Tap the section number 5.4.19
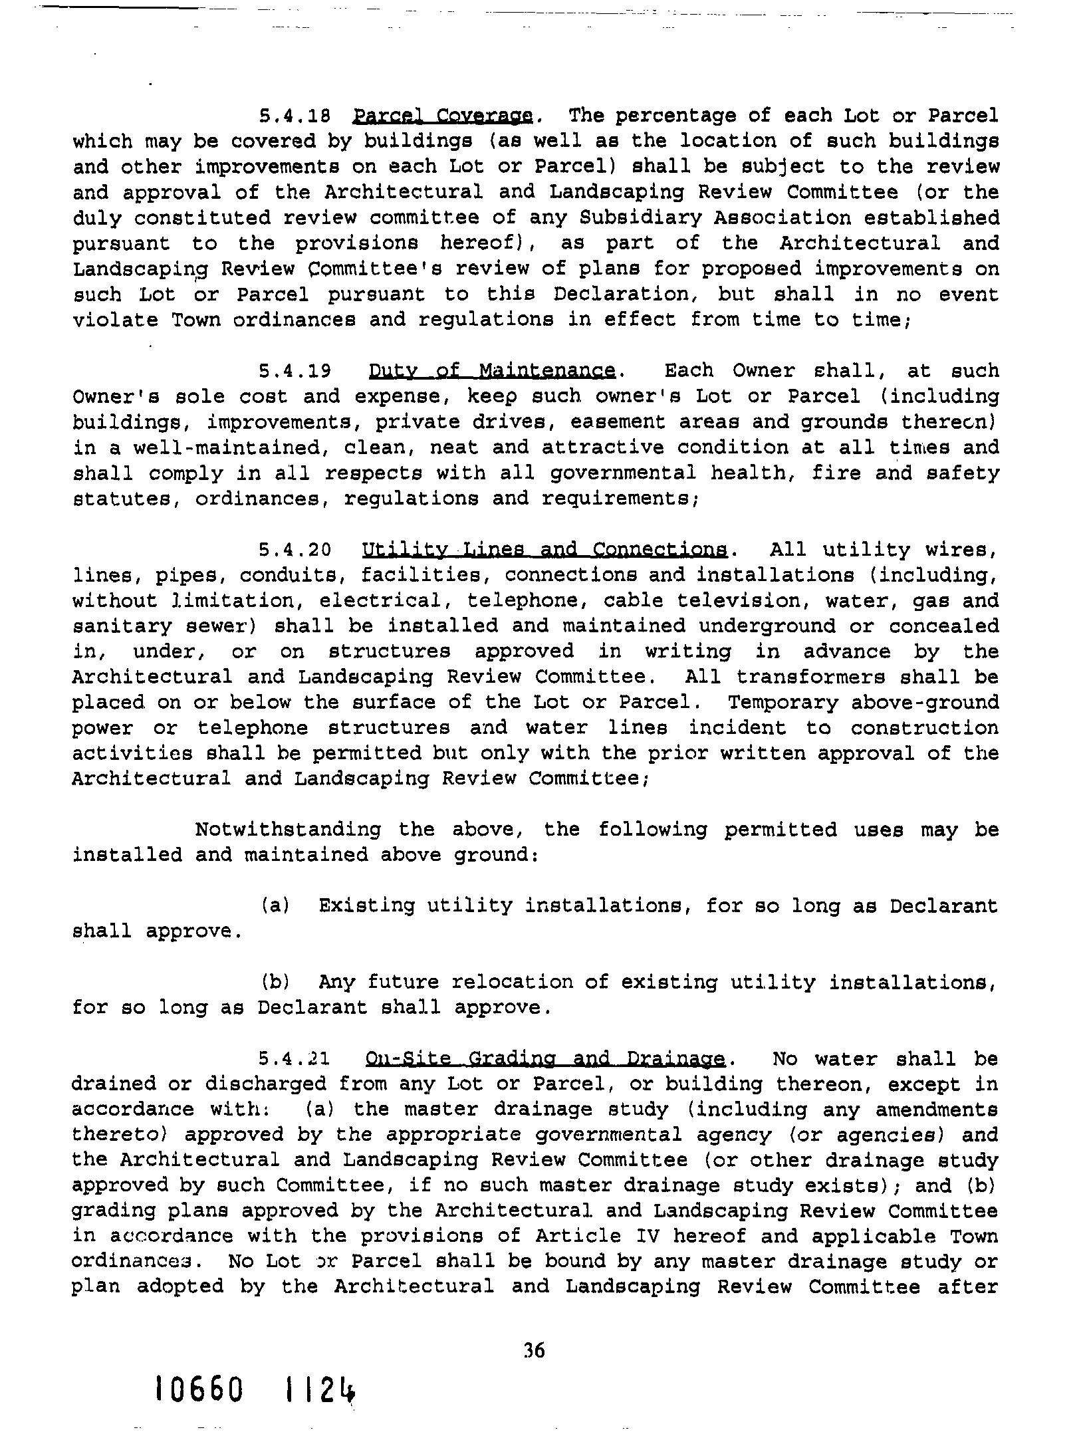(295, 371)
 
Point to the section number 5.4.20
(295, 550)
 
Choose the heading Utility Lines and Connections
(544, 550)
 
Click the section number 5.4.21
(295, 1058)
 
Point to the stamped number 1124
(318, 1389)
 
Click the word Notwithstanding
(288, 830)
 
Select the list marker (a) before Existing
(275, 905)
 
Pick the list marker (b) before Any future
(275, 982)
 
